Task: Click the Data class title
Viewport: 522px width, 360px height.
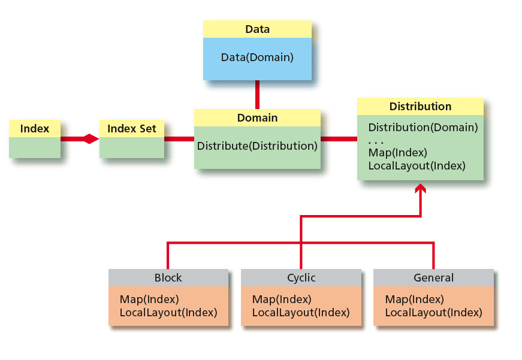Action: point(257,29)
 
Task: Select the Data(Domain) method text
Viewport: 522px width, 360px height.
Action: point(257,58)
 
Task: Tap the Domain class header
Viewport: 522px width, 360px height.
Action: point(257,118)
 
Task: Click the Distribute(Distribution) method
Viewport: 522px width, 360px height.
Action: point(257,146)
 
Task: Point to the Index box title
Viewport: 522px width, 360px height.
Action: point(35,129)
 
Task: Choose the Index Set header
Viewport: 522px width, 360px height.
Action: point(132,129)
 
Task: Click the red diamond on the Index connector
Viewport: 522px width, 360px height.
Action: point(90,139)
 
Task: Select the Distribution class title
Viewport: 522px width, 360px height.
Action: point(420,107)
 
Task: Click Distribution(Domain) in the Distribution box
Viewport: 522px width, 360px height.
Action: point(423,128)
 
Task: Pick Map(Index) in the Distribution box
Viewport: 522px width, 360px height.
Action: point(397,153)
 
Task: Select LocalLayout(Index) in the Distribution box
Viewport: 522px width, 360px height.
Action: point(417,166)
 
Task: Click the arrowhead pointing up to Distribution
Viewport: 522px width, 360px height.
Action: point(421,189)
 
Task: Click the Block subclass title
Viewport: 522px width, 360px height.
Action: point(168,278)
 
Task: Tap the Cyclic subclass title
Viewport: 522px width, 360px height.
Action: point(301,278)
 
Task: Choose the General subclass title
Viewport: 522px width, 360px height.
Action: point(433,278)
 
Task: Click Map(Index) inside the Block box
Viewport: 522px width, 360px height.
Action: point(149,300)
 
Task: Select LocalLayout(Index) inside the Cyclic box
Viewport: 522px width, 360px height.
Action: point(300,313)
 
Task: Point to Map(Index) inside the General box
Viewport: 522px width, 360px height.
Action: point(414,300)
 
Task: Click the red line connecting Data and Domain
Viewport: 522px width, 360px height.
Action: point(257,94)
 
